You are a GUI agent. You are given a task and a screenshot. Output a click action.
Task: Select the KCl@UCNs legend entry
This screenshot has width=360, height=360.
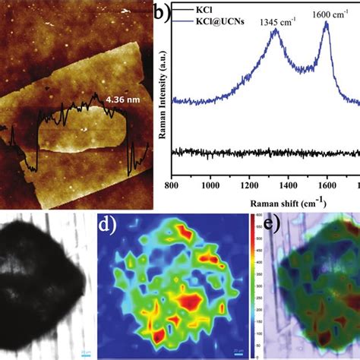tap(219, 24)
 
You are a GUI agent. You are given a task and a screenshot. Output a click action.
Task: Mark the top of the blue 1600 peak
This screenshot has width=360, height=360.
tap(327, 24)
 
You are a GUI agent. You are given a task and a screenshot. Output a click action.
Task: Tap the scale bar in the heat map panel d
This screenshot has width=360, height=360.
tap(238, 352)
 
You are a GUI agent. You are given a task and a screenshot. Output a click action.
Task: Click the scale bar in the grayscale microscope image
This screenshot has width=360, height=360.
tap(86, 352)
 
